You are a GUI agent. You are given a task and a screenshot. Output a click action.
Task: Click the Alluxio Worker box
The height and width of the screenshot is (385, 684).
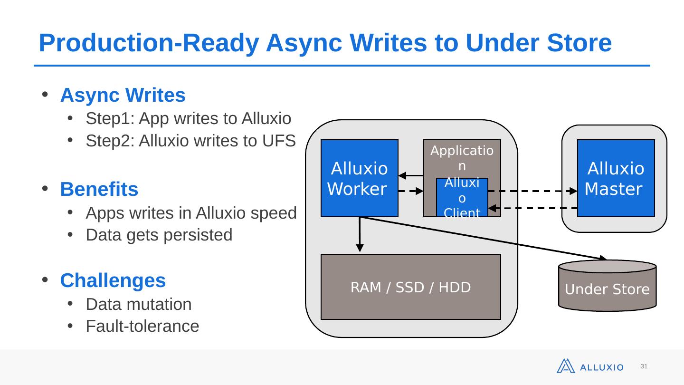(360, 178)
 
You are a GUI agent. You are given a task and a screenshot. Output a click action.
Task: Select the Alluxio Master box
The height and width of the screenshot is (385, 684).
(616, 178)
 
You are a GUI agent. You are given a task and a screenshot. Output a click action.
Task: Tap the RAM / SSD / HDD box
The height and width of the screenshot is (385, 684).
(411, 287)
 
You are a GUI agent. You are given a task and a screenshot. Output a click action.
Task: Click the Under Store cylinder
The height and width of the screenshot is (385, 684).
(608, 286)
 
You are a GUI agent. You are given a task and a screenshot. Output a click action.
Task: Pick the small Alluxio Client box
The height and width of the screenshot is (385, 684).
(462, 197)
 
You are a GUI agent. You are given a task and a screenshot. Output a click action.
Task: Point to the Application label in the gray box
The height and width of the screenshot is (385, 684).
(462, 158)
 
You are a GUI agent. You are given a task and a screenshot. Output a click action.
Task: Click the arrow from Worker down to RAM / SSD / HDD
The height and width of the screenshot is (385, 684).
(360, 234)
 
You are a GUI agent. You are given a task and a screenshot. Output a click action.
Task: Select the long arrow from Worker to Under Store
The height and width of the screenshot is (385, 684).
(484, 239)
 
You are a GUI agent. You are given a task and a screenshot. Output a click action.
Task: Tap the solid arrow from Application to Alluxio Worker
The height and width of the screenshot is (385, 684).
(411, 175)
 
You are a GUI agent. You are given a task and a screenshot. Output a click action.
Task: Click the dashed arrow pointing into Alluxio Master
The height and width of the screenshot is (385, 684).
(532, 191)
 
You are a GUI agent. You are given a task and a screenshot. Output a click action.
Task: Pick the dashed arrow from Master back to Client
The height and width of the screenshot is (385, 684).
(532, 208)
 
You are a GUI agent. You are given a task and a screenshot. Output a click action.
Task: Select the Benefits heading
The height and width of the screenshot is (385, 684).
(99, 189)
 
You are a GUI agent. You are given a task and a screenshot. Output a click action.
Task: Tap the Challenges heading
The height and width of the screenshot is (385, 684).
(113, 280)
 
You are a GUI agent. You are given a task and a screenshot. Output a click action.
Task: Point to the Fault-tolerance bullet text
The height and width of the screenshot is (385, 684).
(142, 326)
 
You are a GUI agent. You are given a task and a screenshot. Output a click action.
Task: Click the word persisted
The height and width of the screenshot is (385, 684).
(198, 235)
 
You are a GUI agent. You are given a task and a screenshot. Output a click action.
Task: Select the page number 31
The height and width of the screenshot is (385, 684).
(644, 366)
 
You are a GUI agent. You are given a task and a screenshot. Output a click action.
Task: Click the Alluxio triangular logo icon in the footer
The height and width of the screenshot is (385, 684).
(566, 366)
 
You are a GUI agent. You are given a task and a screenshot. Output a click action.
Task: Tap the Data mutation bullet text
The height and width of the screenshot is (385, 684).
(139, 304)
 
